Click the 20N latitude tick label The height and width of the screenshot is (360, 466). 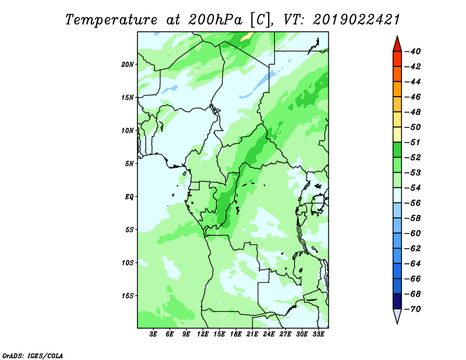pyautogui.click(x=128, y=65)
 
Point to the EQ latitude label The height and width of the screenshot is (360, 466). pyautogui.click(x=129, y=197)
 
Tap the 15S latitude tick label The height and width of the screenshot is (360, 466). pyautogui.click(x=128, y=296)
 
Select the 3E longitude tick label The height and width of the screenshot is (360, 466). pyautogui.click(x=153, y=334)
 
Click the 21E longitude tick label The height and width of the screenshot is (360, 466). pyautogui.click(x=252, y=334)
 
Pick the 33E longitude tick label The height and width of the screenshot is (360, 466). pyautogui.click(x=318, y=334)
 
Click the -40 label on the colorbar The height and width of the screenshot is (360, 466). pyautogui.click(x=413, y=51)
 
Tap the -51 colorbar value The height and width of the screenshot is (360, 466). pyautogui.click(x=413, y=142)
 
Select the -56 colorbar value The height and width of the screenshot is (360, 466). pyautogui.click(x=413, y=203)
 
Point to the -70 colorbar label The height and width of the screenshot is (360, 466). pyautogui.click(x=413, y=309)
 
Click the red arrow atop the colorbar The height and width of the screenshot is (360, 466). pyautogui.click(x=397, y=44)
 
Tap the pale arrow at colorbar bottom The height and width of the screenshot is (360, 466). pyautogui.click(x=397, y=316)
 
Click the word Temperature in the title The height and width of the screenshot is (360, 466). pyautogui.click(x=111, y=20)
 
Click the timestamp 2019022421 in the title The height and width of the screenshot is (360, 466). pyautogui.click(x=356, y=20)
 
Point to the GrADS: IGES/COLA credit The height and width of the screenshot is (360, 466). pyautogui.click(x=33, y=355)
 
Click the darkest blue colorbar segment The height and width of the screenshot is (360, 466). pyautogui.click(x=397, y=301)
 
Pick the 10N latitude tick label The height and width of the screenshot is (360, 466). pyautogui.click(x=128, y=130)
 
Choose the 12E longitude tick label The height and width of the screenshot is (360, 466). pyautogui.click(x=203, y=334)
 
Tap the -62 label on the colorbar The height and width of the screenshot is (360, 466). pyautogui.click(x=413, y=249)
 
